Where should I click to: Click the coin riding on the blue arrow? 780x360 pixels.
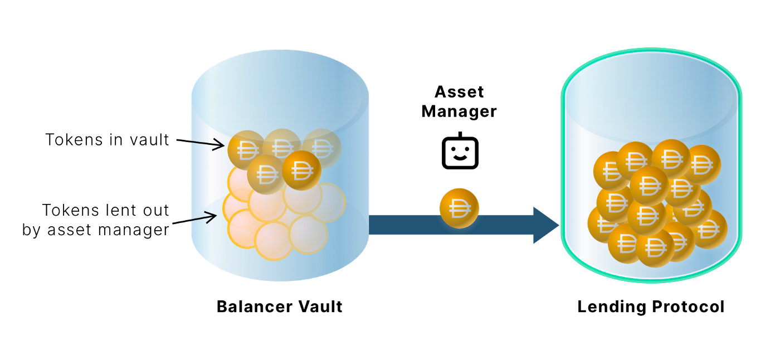click(x=459, y=208)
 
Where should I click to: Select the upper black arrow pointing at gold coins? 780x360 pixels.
click(x=207, y=144)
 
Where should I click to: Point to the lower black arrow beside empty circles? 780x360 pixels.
click(x=204, y=217)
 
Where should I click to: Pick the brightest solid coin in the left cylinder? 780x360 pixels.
click(x=301, y=170)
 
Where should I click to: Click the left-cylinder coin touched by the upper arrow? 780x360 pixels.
click(x=246, y=149)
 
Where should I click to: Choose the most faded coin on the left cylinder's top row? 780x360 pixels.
click(x=321, y=148)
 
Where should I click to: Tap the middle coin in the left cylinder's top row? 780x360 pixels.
click(x=282, y=146)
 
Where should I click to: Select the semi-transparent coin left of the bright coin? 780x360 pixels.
click(x=266, y=174)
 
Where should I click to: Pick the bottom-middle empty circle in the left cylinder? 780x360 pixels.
click(x=274, y=241)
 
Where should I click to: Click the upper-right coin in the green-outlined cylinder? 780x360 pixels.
click(x=701, y=164)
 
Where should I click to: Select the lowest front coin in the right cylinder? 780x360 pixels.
click(x=655, y=247)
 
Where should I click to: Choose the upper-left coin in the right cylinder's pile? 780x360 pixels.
click(x=610, y=171)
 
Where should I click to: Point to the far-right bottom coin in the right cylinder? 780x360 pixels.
click(x=709, y=228)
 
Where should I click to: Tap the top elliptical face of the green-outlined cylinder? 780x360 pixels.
click(x=651, y=95)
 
